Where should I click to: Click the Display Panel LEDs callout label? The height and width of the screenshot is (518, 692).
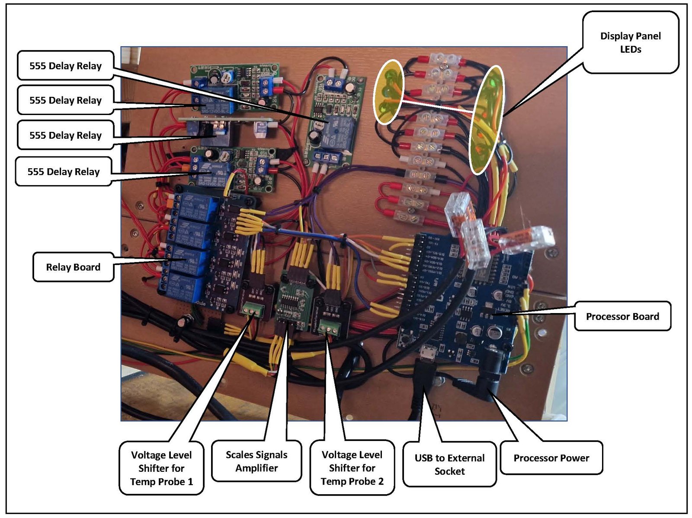point(631,42)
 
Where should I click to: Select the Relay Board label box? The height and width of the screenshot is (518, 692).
point(73,267)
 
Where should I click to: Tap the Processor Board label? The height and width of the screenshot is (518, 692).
point(622,317)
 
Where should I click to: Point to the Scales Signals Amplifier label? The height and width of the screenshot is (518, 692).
point(256,461)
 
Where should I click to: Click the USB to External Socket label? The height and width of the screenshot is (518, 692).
point(449,464)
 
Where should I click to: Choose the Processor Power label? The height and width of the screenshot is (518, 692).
point(551,458)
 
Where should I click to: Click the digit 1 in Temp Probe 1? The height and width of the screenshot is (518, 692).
point(190,482)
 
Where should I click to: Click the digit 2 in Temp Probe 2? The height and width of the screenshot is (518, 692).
point(381,481)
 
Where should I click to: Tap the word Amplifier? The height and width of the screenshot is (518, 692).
point(256,468)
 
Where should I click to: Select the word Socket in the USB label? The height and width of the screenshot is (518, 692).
point(449,471)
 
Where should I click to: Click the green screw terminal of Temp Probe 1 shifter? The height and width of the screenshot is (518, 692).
point(253,310)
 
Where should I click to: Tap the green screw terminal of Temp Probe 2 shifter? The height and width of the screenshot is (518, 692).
point(329,328)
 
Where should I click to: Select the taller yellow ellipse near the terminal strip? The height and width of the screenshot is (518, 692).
point(486,120)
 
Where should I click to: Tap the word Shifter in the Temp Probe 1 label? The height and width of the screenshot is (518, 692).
point(161,469)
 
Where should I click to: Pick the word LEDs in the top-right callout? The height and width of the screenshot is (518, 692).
point(631,49)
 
